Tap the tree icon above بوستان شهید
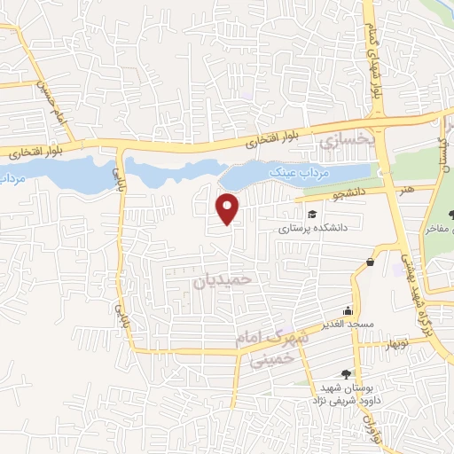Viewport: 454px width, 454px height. [x=344, y=373]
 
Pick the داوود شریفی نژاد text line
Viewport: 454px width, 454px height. [x=333, y=401]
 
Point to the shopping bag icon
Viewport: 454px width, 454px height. [x=370, y=262]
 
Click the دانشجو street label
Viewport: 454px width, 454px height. [x=336, y=189]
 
